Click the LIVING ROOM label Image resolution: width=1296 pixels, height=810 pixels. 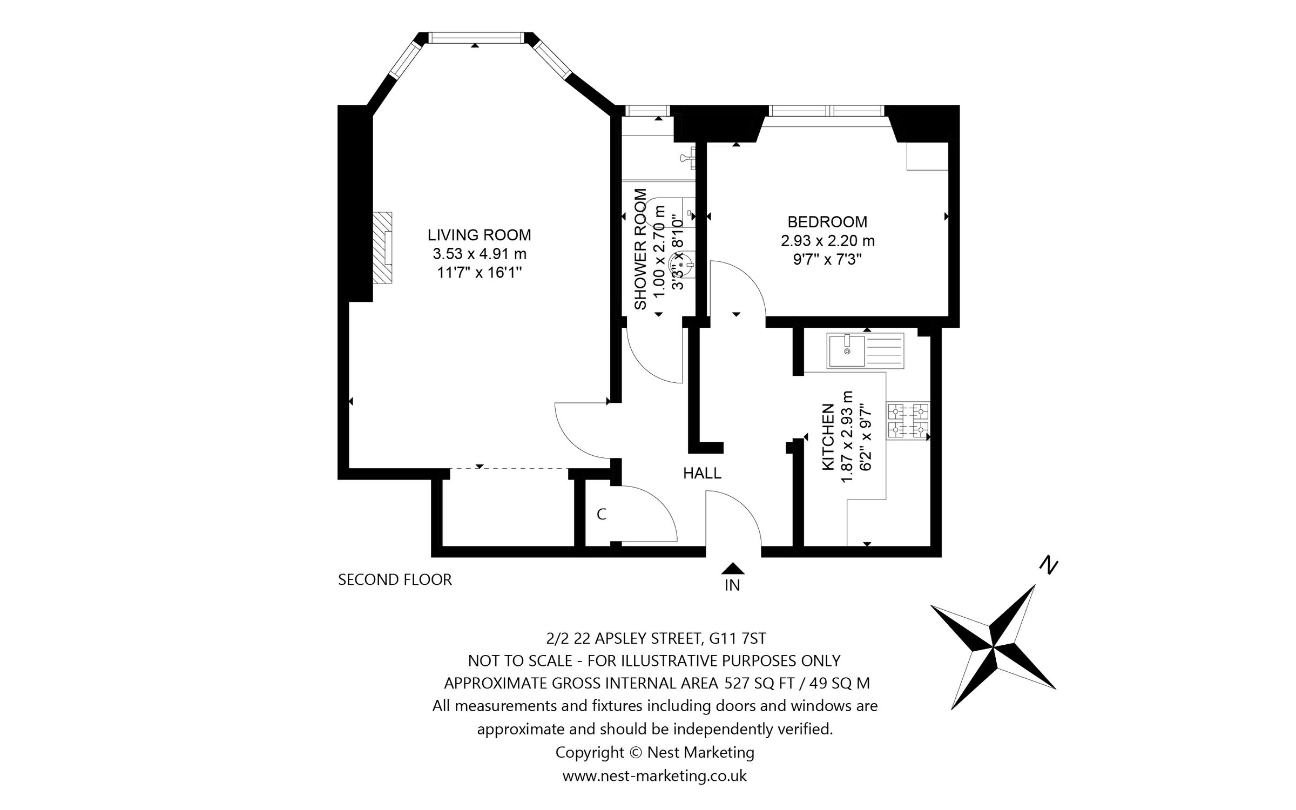coord(480,235)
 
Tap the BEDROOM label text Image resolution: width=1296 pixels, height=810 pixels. coord(827,222)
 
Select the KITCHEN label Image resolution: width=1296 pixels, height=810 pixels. coord(828,438)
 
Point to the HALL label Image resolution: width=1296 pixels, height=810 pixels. coord(702,474)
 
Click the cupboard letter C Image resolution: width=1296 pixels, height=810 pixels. coord(602,515)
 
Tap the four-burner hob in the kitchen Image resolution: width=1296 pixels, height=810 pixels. coord(908,421)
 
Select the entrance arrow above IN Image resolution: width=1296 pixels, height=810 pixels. coord(733,568)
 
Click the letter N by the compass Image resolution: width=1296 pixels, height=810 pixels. coord(1048,565)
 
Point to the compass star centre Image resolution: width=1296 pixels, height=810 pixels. coord(993,645)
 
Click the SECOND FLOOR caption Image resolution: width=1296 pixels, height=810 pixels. coord(395,580)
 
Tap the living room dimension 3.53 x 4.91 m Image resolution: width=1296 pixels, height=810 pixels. coord(480,254)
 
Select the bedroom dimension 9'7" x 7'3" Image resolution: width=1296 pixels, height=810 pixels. coord(827,260)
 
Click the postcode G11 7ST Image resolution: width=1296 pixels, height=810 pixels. coord(738,638)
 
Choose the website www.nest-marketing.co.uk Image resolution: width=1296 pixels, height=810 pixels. coord(654,776)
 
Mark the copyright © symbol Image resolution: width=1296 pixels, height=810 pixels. coord(635,752)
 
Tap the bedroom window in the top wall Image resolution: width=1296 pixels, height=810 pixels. coord(827,111)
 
